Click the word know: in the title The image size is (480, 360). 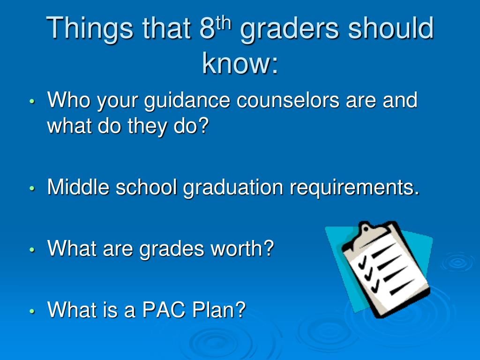tap(240, 63)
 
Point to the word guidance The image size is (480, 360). tap(187, 101)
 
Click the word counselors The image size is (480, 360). tap(288, 100)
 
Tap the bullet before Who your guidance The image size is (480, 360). tap(32, 101)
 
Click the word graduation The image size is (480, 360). tap(233, 188)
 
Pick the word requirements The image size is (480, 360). tap(354, 188)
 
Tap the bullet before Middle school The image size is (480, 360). tap(32, 188)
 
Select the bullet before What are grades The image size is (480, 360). tap(32, 249)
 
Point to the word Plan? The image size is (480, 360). tap(219, 309)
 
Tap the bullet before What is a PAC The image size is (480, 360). tap(32, 311)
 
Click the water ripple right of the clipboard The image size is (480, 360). tap(458, 262)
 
